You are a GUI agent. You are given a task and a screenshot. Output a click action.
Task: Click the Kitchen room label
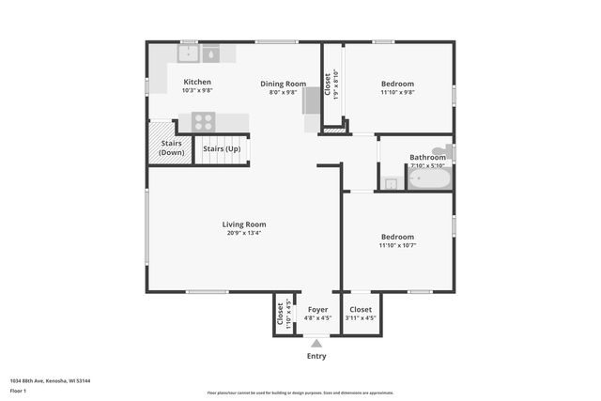[197, 82]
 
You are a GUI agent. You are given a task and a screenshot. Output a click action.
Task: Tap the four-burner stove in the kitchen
[204, 121]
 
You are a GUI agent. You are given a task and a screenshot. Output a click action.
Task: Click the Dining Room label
[283, 84]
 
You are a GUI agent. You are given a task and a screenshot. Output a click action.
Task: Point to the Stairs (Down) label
[171, 147]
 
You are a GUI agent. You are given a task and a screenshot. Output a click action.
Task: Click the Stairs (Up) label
[222, 148]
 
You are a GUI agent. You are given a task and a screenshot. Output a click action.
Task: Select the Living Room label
[244, 224]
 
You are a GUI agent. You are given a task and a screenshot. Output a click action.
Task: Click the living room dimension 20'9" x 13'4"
[244, 233]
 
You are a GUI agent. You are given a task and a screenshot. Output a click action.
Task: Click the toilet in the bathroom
[446, 150]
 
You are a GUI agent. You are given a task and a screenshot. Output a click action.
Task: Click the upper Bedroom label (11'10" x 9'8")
[397, 84]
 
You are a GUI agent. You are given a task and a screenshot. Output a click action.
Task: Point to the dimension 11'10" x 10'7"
[397, 245]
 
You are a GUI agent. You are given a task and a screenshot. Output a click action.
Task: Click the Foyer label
[317, 309]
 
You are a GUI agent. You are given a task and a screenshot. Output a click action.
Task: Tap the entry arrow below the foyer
[316, 344]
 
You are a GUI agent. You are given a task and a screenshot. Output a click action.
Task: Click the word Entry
[316, 356]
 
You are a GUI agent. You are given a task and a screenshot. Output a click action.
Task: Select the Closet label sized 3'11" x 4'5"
[361, 309]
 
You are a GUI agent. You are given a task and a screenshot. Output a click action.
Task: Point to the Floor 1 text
[19, 390]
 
